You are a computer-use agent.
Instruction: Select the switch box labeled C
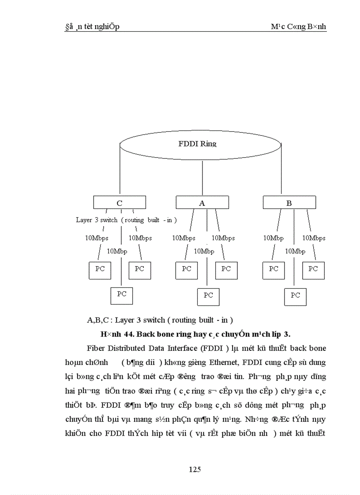click(x=119, y=203)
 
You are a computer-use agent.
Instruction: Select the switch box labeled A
click(x=202, y=203)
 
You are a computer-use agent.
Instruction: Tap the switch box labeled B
click(x=289, y=203)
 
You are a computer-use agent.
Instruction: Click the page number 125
click(x=195, y=469)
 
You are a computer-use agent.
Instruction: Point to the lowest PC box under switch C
click(x=122, y=295)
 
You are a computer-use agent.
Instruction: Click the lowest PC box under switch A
click(x=208, y=296)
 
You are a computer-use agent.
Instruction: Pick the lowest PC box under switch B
click(x=296, y=296)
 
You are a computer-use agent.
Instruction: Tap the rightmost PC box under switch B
click(x=313, y=270)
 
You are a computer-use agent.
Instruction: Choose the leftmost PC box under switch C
click(x=100, y=270)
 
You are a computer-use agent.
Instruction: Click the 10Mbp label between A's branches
click(x=204, y=251)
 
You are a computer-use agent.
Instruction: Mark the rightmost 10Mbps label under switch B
click(x=314, y=238)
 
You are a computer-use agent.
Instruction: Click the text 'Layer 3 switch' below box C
click(x=96, y=220)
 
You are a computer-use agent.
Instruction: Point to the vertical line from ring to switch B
click(x=281, y=172)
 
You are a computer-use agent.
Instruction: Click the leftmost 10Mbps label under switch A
click(x=184, y=238)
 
